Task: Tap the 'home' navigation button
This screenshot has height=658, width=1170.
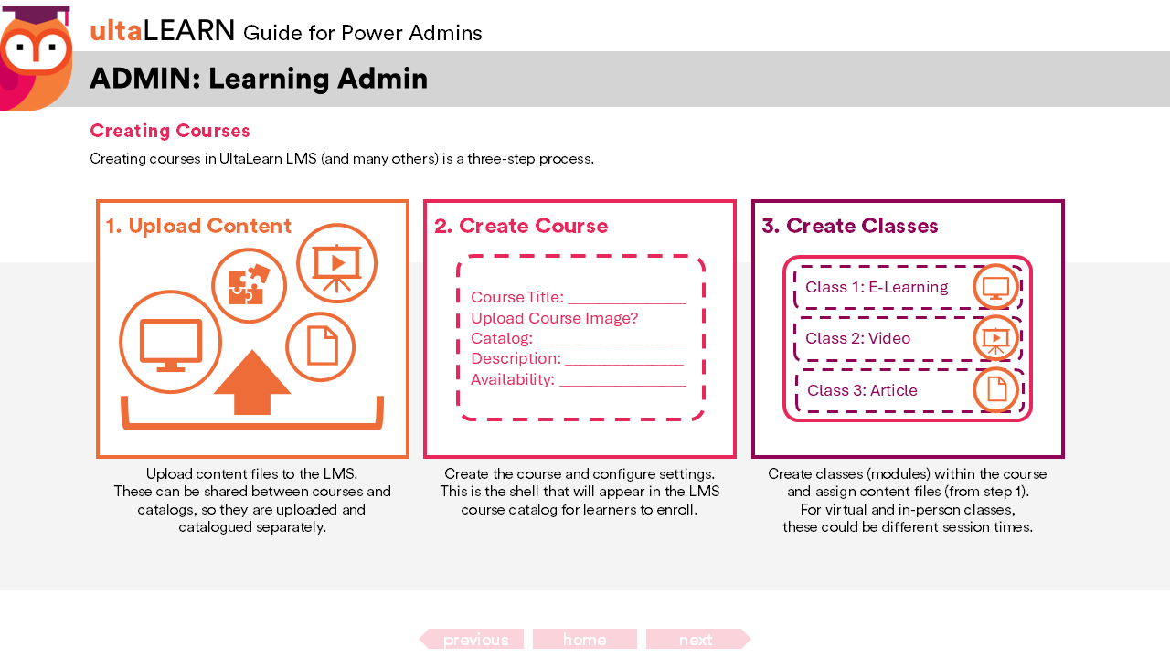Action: (x=585, y=639)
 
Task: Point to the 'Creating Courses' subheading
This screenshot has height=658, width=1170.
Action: (x=170, y=131)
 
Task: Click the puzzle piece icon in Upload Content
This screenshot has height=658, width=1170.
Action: (x=249, y=285)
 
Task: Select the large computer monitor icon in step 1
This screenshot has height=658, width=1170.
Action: (x=170, y=342)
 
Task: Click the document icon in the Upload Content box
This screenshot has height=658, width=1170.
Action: (x=321, y=346)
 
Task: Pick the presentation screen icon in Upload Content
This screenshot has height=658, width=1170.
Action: (x=336, y=263)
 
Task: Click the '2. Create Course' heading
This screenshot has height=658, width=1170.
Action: (x=521, y=226)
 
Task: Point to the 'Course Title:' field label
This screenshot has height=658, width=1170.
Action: (x=517, y=297)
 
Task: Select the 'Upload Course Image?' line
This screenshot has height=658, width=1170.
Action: (x=554, y=318)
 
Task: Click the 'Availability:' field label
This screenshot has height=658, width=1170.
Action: (x=513, y=379)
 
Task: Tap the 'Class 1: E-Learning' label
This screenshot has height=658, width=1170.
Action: (x=877, y=287)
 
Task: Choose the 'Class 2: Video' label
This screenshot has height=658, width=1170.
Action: (x=857, y=338)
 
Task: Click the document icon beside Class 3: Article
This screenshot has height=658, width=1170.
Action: (x=996, y=390)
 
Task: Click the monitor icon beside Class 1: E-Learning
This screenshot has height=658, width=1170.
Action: (x=995, y=287)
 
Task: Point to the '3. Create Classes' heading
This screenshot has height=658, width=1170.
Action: (x=850, y=226)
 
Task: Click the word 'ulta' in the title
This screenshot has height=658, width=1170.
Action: (x=115, y=31)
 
